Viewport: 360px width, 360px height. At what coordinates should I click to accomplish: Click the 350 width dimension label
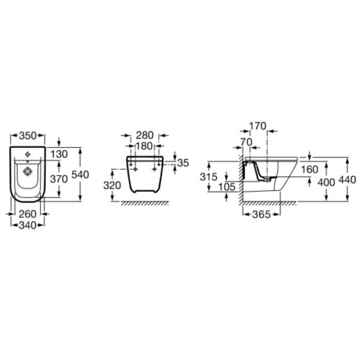click(x=28, y=136)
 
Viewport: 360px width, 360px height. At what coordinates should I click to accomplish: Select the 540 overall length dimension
click(x=80, y=175)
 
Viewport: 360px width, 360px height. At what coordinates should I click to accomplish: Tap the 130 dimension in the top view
click(x=59, y=154)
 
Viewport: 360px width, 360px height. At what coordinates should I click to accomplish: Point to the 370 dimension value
click(x=59, y=179)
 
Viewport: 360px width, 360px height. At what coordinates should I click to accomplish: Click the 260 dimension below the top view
click(x=28, y=214)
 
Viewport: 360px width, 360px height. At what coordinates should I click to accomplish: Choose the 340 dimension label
click(x=28, y=225)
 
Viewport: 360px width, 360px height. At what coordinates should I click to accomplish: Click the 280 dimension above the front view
click(x=145, y=135)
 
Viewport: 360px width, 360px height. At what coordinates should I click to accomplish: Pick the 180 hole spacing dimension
click(x=145, y=146)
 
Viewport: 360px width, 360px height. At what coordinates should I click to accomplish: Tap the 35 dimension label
click(x=183, y=163)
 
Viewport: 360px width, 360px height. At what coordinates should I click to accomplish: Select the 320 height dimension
click(x=112, y=185)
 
